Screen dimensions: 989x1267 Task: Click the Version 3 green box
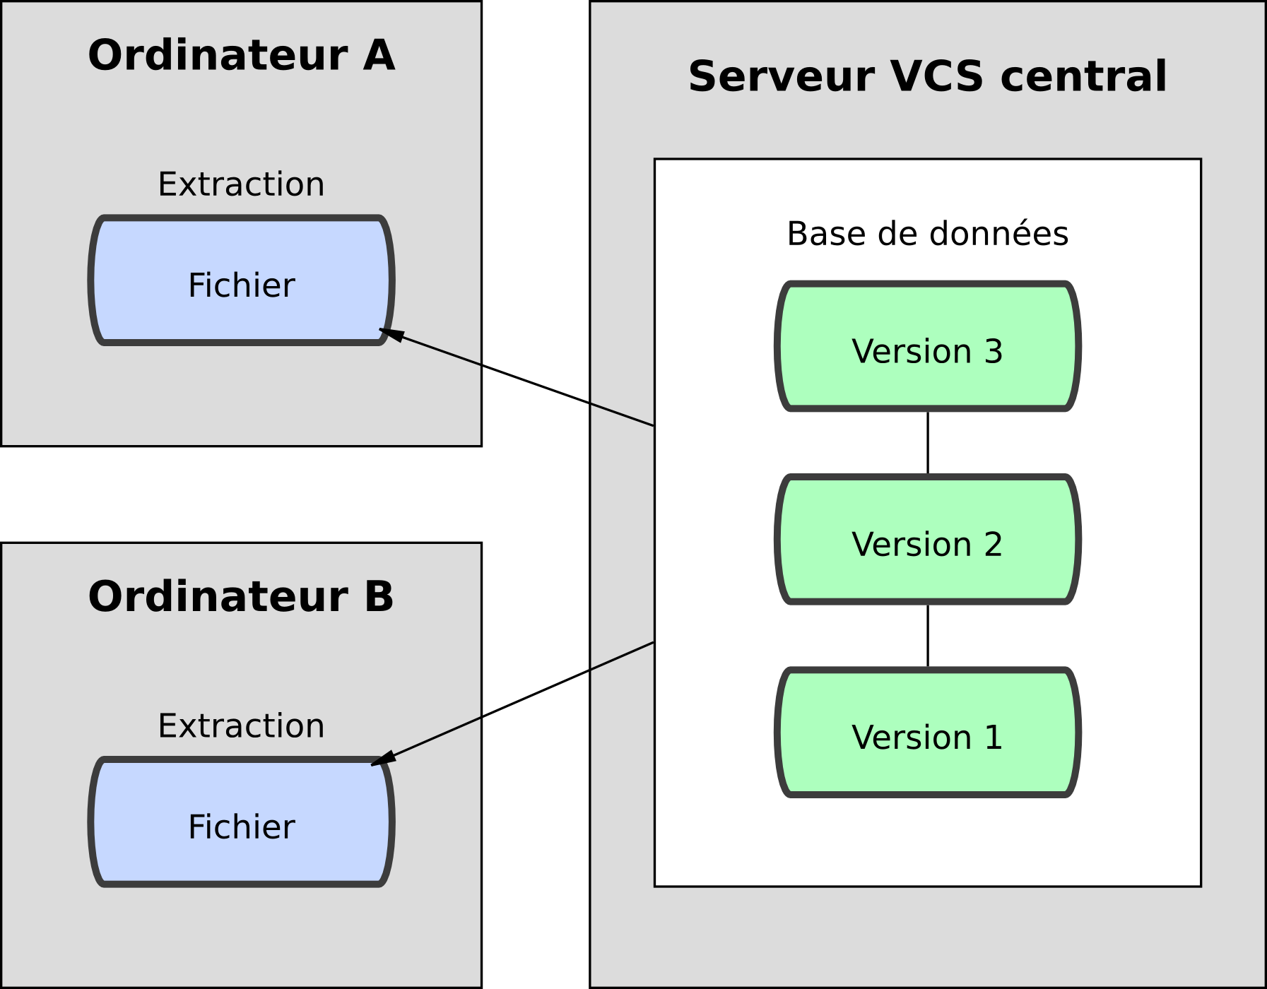coord(927,347)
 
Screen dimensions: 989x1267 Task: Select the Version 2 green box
coord(927,540)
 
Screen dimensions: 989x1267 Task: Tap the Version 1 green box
coord(927,733)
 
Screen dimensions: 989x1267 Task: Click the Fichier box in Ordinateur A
coord(241,281)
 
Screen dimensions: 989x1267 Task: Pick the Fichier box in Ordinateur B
coord(241,823)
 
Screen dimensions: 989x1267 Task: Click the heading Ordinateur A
coord(241,56)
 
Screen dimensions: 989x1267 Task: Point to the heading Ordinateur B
coord(241,597)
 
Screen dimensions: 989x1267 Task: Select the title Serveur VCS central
coord(927,76)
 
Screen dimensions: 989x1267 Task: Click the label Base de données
coord(927,234)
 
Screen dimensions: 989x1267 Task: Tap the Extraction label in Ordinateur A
coord(241,184)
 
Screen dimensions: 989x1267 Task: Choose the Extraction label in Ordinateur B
coord(241,726)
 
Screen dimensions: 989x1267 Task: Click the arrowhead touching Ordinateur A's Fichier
coord(391,334)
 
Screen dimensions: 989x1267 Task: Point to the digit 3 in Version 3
coord(994,352)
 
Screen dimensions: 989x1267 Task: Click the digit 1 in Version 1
coord(994,738)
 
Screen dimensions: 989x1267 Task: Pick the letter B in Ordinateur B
coord(379,597)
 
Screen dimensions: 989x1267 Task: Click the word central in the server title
coord(1083,76)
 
